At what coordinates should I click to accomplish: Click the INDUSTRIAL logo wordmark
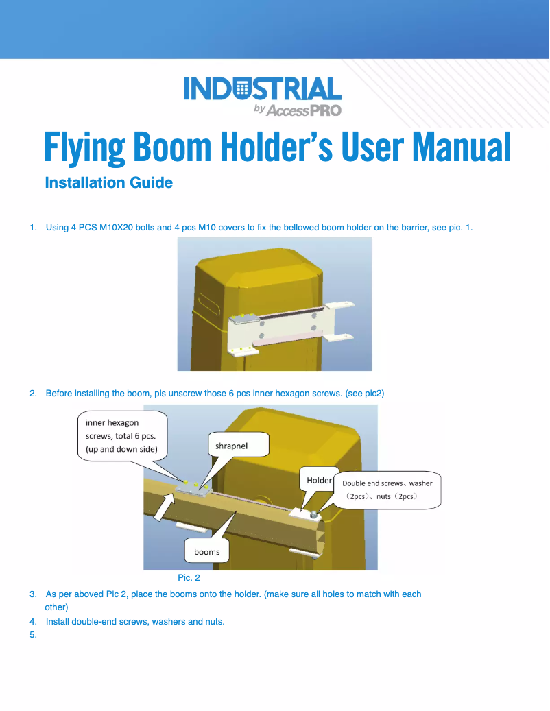[x=263, y=91]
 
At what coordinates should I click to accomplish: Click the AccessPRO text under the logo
[x=302, y=110]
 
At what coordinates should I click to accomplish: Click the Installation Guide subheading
[x=108, y=183]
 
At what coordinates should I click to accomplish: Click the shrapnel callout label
[x=231, y=445]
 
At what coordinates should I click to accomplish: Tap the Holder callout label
[x=319, y=480]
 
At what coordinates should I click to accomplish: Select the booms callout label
[x=206, y=551]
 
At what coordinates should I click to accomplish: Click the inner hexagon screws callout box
[x=121, y=435]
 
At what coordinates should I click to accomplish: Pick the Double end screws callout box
[x=387, y=489]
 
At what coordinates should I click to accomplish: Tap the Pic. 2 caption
[x=189, y=578]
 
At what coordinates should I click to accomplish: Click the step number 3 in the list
[x=33, y=594]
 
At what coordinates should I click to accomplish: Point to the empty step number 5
[x=33, y=634]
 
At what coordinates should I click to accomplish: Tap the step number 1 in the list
[x=33, y=227]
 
